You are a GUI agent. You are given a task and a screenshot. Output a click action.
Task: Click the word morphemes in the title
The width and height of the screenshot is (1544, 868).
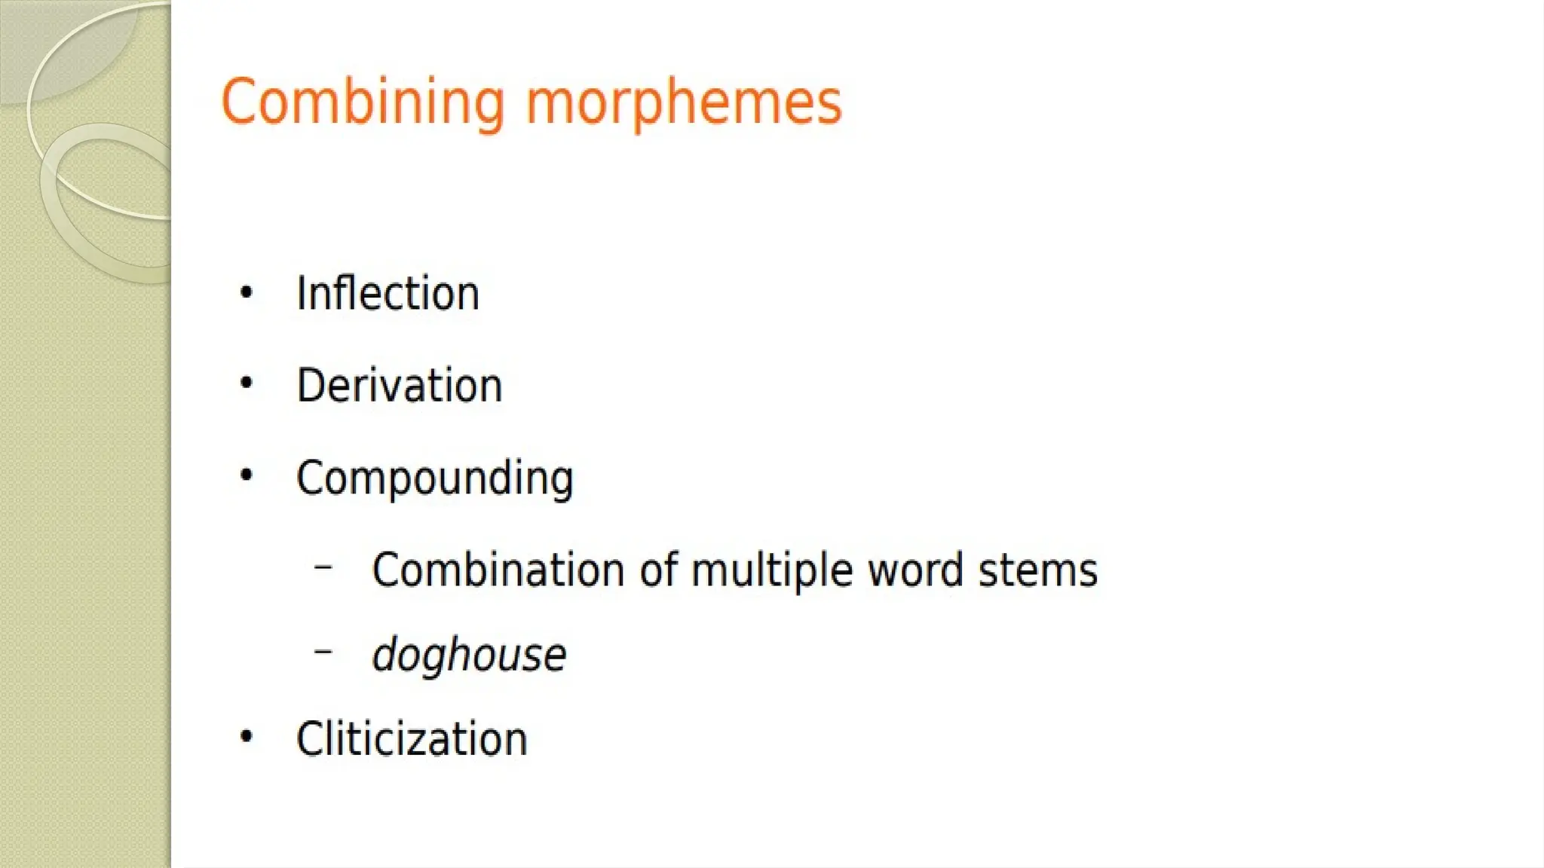(x=683, y=104)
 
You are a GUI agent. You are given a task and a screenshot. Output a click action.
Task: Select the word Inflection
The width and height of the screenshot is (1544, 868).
(x=388, y=293)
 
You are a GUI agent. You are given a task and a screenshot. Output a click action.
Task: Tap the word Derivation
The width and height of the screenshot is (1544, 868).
(x=399, y=386)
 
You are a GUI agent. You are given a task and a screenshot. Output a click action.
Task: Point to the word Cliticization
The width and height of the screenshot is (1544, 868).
(x=412, y=738)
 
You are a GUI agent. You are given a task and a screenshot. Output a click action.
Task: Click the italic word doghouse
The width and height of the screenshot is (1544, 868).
(x=468, y=654)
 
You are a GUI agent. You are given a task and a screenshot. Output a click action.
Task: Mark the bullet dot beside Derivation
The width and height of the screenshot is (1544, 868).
(x=246, y=384)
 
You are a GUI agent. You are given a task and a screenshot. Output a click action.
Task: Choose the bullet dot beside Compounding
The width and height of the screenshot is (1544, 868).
(x=246, y=475)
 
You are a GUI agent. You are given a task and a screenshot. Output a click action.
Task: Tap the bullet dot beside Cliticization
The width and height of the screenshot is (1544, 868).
(x=246, y=736)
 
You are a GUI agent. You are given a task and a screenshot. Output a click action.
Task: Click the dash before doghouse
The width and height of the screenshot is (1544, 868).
(x=323, y=650)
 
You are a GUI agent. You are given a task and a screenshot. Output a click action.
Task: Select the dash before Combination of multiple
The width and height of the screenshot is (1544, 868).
(x=323, y=566)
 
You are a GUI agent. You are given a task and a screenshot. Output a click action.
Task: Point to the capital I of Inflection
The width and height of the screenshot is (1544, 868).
(x=301, y=293)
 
